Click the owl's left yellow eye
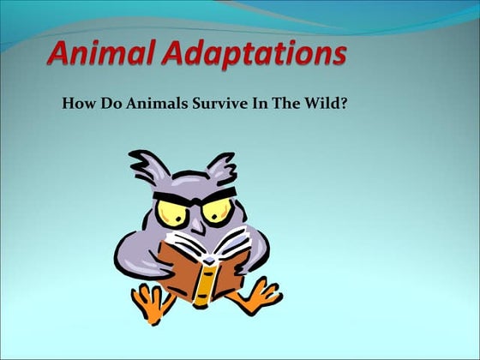pyautogui.click(x=173, y=210)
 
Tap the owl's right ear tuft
pyautogui.click(x=222, y=165)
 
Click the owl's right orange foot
pyautogui.click(x=256, y=296)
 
